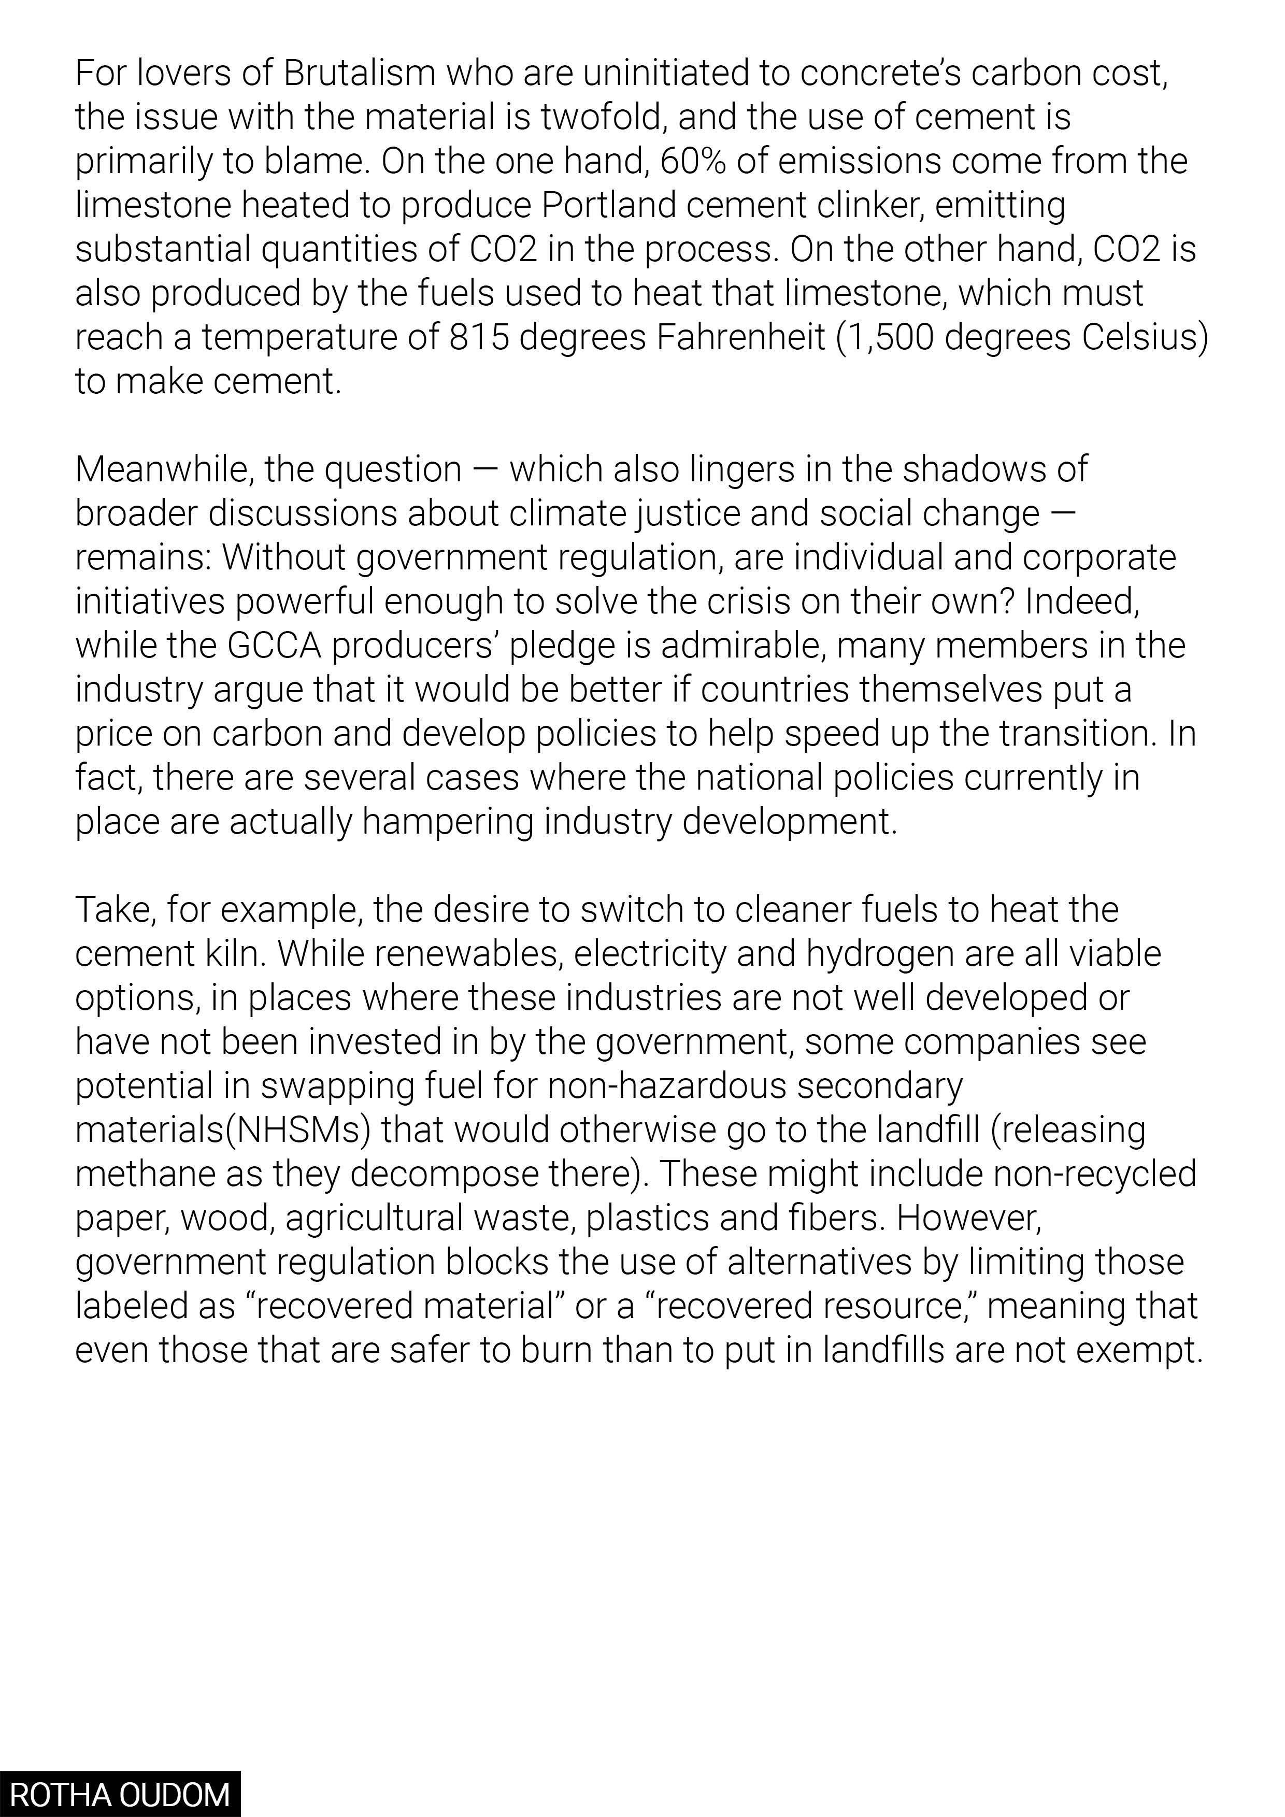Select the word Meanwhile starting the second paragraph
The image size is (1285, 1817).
[165, 470]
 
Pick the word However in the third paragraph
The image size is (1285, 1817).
[968, 1219]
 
